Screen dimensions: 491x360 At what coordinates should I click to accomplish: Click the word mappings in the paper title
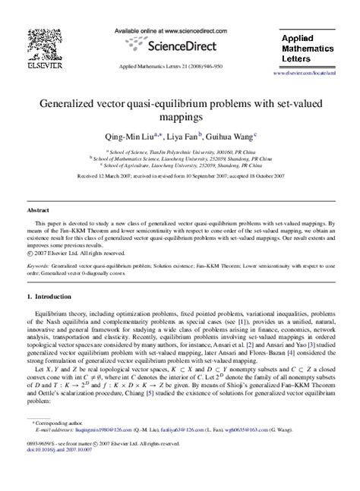tap(179, 118)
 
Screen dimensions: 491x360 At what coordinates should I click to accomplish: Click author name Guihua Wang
tap(230, 137)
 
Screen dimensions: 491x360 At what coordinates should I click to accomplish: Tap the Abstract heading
tap(38, 209)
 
